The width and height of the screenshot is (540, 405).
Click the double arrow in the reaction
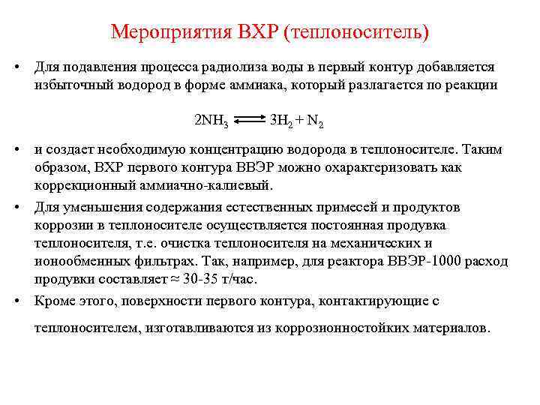(x=249, y=118)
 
